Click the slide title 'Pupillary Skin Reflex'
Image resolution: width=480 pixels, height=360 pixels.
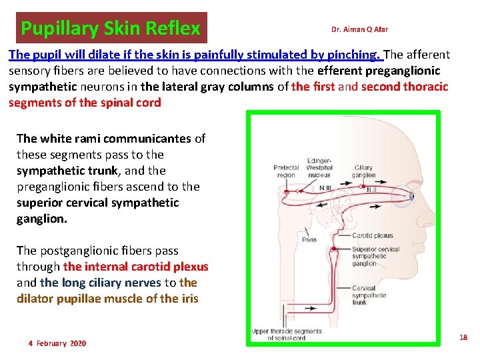click(111, 29)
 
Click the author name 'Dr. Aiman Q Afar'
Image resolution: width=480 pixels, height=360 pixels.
click(359, 29)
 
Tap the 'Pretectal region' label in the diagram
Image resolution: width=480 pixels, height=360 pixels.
click(285, 171)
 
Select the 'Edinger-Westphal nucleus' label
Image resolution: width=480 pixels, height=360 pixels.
click(319, 167)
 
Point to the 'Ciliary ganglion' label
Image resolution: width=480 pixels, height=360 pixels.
click(364, 171)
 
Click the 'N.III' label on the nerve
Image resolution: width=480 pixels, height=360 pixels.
click(325, 188)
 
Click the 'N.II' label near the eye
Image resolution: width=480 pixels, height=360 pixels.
click(374, 189)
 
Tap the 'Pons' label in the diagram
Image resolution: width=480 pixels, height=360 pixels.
click(309, 239)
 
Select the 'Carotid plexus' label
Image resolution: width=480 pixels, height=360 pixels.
click(373, 235)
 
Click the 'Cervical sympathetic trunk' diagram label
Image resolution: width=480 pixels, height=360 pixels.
click(369, 295)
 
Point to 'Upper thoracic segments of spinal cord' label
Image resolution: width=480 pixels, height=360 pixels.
click(286, 334)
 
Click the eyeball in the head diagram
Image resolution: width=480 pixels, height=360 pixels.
click(411, 197)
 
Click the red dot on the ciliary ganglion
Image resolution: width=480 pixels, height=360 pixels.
click(364, 185)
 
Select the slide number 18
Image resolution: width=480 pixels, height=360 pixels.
click(463, 338)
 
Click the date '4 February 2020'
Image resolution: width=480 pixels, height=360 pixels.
click(57, 343)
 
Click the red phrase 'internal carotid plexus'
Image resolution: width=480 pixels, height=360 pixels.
click(136, 267)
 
